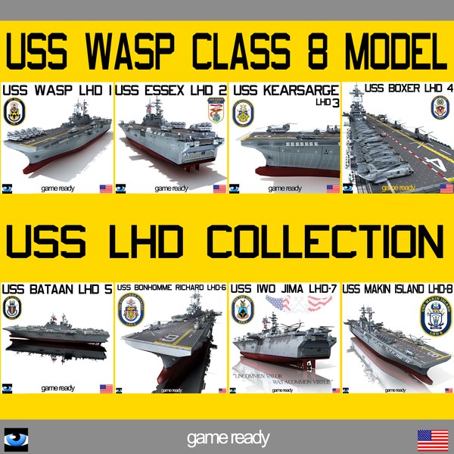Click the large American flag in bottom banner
(432, 438)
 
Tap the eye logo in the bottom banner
(15, 438)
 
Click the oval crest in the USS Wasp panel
(17, 113)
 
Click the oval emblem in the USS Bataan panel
(14, 309)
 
